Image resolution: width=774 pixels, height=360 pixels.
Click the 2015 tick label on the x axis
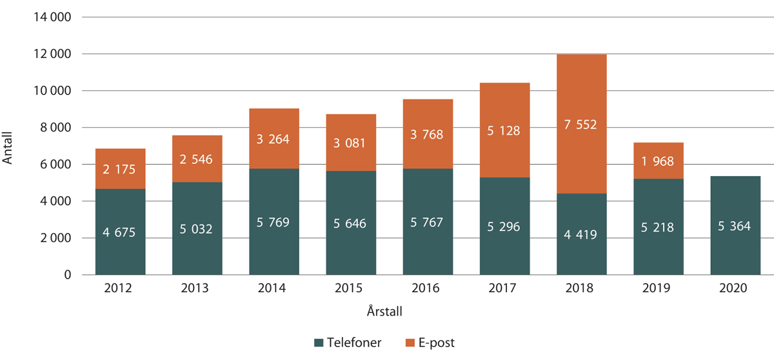[351, 289]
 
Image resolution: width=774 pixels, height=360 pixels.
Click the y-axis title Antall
[8, 146]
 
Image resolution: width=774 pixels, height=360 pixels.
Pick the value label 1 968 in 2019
[658, 162]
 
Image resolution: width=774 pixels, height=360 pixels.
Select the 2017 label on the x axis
[504, 289]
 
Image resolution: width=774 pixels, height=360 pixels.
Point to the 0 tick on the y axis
[67, 275]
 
